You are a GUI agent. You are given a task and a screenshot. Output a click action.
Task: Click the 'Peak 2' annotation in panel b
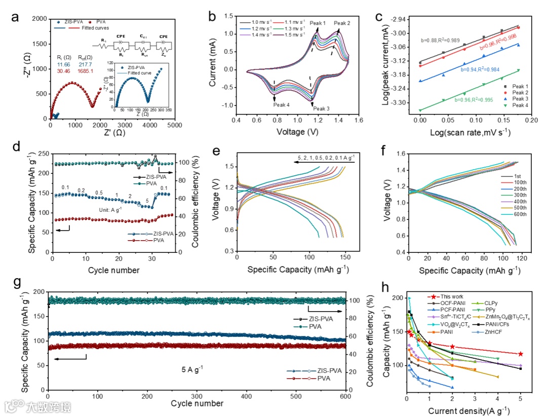342,23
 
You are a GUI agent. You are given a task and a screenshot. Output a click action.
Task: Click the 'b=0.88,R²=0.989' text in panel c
441,40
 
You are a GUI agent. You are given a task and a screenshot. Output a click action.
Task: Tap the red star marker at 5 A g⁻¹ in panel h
520,354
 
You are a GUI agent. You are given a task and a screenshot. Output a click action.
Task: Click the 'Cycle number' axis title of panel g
197,403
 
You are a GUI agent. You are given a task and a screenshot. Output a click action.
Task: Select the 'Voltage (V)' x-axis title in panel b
298,132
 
